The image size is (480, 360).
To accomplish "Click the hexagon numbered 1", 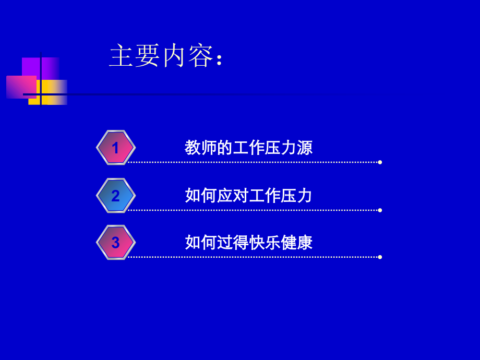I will (x=116, y=148).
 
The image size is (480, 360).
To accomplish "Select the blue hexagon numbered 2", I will (x=116, y=196).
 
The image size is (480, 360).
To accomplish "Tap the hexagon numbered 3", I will (x=116, y=243).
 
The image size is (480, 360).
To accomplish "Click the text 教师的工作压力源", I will (x=248, y=148).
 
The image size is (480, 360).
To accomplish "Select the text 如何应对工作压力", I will (x=248, y=196).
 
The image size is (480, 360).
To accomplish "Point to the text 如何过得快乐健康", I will (x=248, y=243).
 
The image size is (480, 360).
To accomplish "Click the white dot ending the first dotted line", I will (x=380, y=162).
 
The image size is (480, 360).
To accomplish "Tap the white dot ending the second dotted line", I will (x=380, y=210).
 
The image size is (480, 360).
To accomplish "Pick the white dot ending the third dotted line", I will (x=380, y=257).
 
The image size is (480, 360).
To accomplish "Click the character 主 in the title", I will (x=121, y=56).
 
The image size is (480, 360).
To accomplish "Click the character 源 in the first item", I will (x=304, y=148).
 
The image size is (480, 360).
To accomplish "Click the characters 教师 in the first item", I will (x=201, y=148).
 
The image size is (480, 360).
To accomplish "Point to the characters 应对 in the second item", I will (x=233, y=196).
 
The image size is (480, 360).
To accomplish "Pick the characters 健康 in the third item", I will (x=296, y=243).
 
